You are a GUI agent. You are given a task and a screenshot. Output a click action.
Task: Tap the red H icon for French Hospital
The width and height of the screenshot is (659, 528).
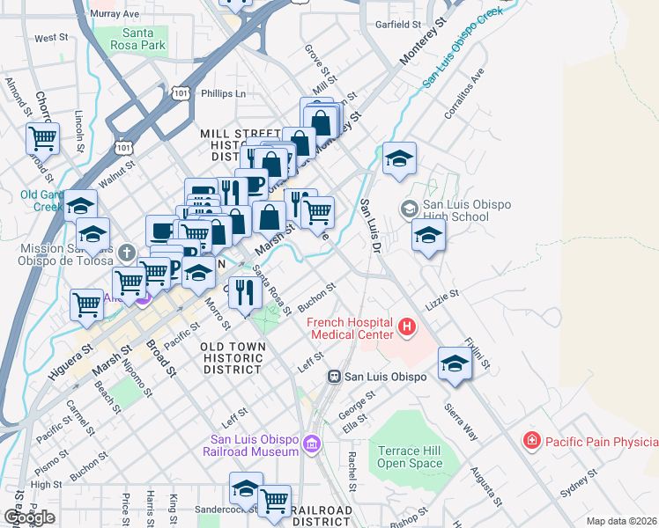(406, 328)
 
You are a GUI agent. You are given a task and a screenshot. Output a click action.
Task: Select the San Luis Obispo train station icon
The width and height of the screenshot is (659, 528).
(334, 376)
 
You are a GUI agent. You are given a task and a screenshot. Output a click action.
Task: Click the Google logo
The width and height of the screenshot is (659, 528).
(29, 517)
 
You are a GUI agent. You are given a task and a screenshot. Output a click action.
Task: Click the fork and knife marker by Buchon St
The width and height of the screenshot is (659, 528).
(245, 292)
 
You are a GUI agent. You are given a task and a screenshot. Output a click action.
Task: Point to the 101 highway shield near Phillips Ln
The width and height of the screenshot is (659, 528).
(181, 92)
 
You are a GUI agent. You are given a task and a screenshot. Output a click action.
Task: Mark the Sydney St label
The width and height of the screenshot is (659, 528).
(579, 486)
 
